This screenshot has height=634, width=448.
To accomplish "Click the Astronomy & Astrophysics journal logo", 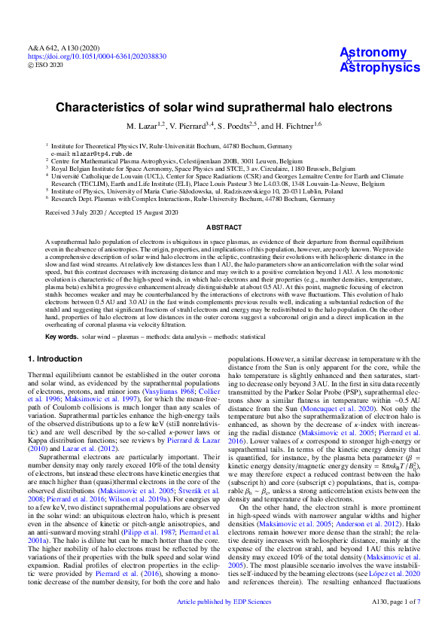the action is click(373, 59).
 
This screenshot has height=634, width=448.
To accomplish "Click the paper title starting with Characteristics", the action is click(224, 108).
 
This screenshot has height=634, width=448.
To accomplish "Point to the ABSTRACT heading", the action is click(224, 226).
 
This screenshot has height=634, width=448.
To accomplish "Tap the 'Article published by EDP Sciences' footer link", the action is click(224, 623).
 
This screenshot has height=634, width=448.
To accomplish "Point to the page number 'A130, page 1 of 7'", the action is click(396, 623).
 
